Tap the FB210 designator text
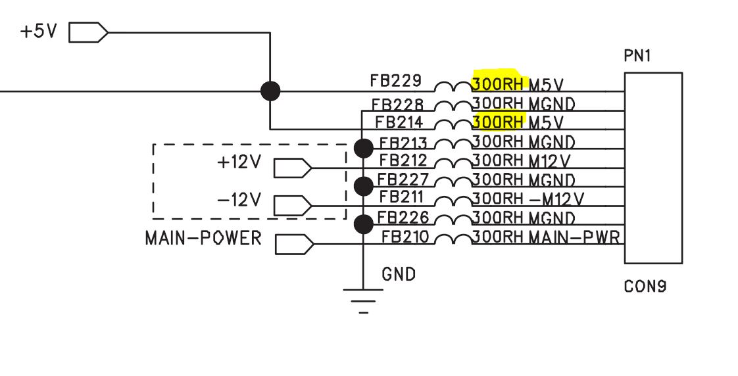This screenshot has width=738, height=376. [406, 236]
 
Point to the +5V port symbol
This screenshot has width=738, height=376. [87, 32]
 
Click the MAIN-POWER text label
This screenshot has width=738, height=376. [203, 238]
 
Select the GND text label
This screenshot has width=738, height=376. [399, 273]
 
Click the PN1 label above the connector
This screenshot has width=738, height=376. [637, 57]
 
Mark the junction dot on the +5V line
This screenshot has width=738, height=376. [270, 91]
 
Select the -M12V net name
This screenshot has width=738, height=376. [556, 198]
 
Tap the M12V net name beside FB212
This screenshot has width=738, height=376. [549, 160]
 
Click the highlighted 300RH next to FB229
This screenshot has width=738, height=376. [497, 82]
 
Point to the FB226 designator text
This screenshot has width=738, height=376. [404, 217]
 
